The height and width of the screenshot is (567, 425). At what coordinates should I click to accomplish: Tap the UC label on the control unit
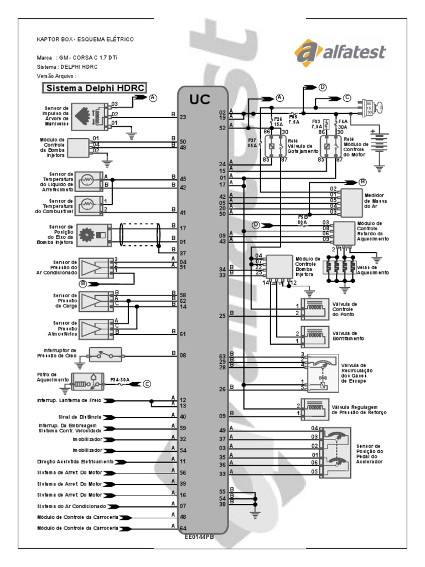point(202,99)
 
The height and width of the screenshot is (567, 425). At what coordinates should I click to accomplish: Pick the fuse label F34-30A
point(119,380)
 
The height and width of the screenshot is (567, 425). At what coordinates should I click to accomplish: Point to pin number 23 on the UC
point(183,117)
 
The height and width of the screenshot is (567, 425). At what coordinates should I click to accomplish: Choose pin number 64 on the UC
point(183,528)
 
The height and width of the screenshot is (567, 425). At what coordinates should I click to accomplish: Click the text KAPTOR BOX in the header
point(56,40)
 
